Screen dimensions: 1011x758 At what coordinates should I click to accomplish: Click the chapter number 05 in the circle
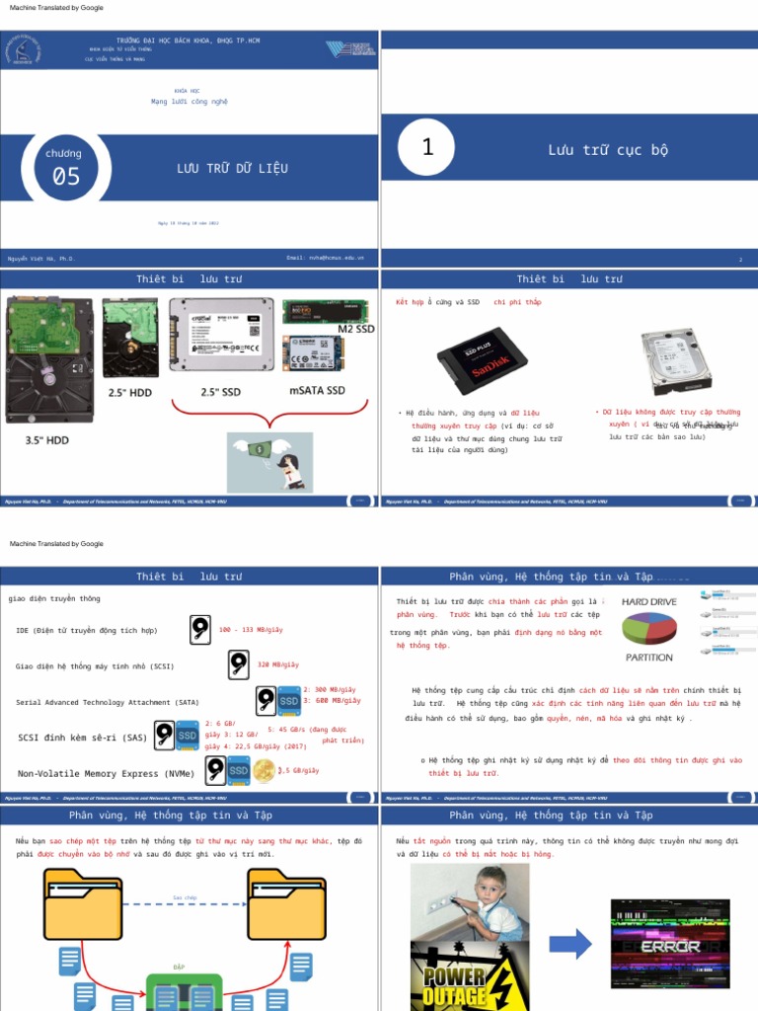point(66,176)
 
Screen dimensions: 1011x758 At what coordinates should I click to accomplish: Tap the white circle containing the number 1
point(427,148)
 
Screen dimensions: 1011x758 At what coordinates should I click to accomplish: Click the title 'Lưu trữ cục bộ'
point(608,150)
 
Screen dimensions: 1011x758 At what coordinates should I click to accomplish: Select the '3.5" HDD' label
point(47,440)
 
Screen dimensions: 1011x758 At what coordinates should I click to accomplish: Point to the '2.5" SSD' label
point(221,392)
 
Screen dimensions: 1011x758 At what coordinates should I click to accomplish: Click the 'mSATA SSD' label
point(317,391)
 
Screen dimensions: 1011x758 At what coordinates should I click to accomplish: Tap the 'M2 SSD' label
point(356,329)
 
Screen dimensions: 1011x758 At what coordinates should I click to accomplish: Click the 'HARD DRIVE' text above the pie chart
point(649,601)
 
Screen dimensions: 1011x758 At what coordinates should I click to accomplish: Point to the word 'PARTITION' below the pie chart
point(649,658)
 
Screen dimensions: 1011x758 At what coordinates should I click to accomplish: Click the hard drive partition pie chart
point(649,629)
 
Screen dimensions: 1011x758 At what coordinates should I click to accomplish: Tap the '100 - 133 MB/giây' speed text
point(251,629)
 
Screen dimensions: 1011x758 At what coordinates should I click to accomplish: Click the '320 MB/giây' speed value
point(277,664)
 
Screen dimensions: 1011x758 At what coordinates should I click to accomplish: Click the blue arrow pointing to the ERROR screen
point(569,944)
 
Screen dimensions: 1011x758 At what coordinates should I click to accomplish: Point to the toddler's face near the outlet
point(489,887)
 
